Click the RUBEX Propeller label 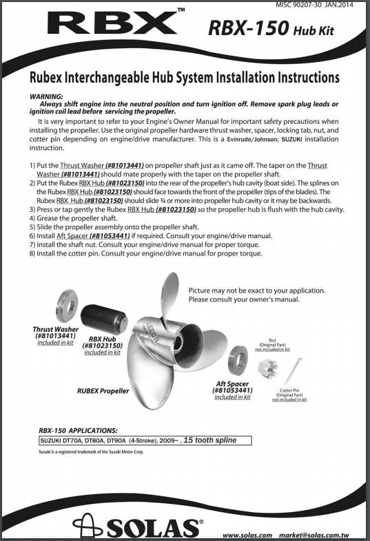103,391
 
